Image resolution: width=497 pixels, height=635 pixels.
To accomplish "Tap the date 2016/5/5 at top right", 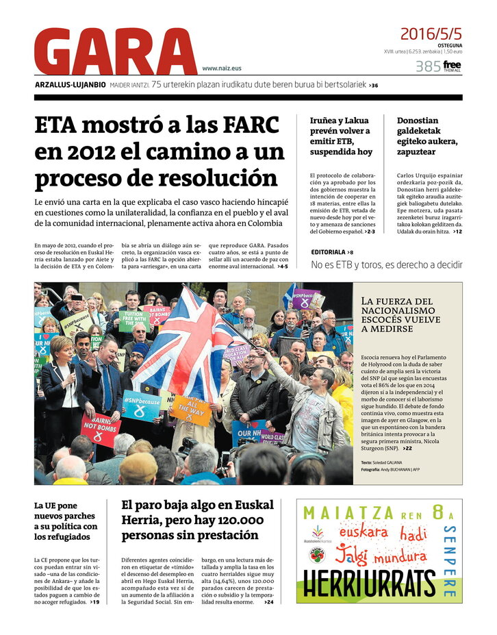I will (x=431, y=34).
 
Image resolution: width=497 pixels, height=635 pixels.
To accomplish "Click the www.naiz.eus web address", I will (x=222, y=69).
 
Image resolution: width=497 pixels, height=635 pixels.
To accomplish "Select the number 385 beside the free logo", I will (x=427, y=66).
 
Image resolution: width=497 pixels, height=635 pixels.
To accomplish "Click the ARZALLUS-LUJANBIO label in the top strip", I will (x=71, y=85).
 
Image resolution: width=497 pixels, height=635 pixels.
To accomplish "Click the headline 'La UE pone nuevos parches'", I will (x=66, y=521).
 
